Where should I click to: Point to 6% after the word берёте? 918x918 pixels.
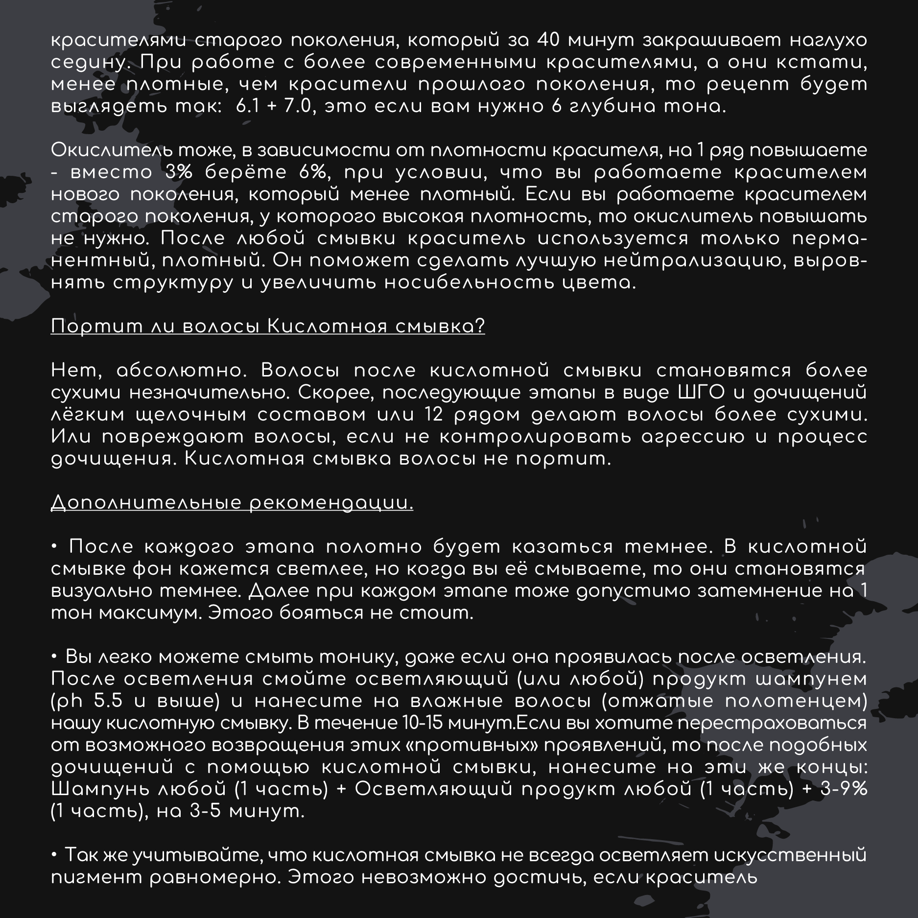click(x=311, y=172)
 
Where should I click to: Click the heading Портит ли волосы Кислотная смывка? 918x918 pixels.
click(x=268, y=326)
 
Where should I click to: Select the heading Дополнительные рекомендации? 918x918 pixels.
click(x=232, y=503)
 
